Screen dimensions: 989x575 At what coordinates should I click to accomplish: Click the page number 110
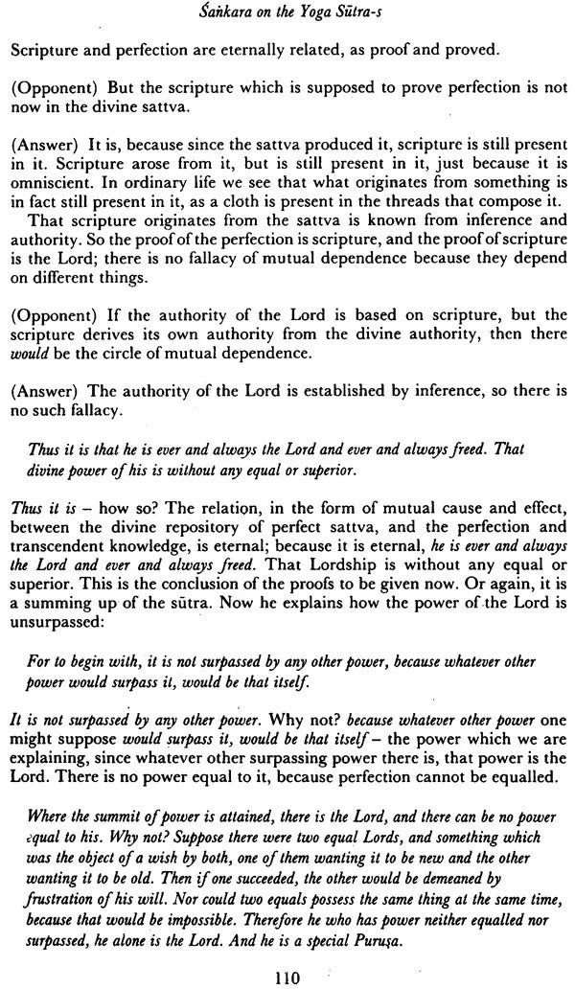tap(287, 977)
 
